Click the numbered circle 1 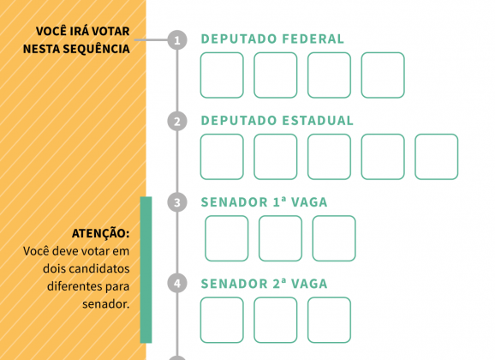(177, 39)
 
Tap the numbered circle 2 (177, 122)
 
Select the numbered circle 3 (177, 202)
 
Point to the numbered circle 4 (177, 283)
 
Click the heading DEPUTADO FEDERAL (272, 39)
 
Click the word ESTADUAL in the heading (317, 120)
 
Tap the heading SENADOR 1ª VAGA (264, 202)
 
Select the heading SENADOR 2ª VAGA (264, 284)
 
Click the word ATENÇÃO (101, 233)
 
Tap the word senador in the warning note (105, 304)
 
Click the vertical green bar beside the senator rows (146, 270)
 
